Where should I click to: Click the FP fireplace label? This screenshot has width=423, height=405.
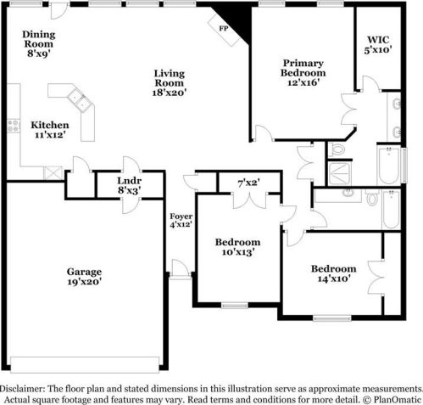224,29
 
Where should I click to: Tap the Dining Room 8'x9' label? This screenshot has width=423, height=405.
39,44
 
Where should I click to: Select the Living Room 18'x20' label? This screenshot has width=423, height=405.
170,82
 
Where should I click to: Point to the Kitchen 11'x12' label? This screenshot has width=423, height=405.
50,130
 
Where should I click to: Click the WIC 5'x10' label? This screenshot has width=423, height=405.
378,45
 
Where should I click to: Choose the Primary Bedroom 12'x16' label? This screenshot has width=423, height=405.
303,72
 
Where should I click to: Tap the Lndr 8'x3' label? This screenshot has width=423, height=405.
130,185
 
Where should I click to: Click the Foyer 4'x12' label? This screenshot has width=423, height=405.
181,221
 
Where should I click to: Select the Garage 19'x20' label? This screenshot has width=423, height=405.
84,277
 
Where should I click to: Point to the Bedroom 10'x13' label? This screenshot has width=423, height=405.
238,247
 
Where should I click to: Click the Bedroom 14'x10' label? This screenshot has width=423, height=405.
334,273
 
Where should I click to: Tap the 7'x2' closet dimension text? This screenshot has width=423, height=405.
248,183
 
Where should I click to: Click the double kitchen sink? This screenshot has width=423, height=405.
80,99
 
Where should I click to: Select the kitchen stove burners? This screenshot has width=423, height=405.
14,126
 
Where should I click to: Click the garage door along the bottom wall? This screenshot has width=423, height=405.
85,365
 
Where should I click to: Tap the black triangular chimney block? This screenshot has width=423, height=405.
236,21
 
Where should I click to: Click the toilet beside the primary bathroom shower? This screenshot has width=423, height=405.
337,149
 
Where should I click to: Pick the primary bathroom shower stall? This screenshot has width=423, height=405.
339,173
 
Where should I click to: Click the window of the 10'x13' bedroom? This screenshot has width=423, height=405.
235,305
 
